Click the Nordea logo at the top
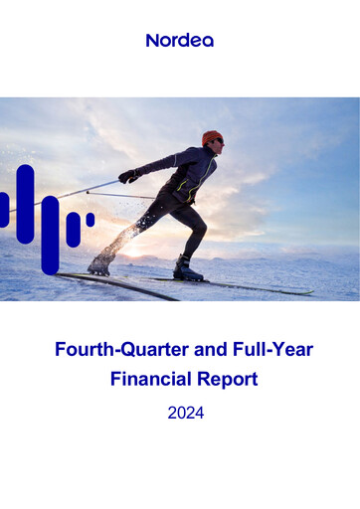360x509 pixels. point(179,41)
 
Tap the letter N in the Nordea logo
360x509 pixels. point(152,41)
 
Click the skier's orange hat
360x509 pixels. point(212,137)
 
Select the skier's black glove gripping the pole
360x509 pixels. point(128,176)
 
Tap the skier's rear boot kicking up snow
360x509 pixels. point(100,263)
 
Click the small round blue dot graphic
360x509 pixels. point(90,219)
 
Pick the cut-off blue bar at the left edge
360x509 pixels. point(3,210)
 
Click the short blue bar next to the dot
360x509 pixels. point(73,229)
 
